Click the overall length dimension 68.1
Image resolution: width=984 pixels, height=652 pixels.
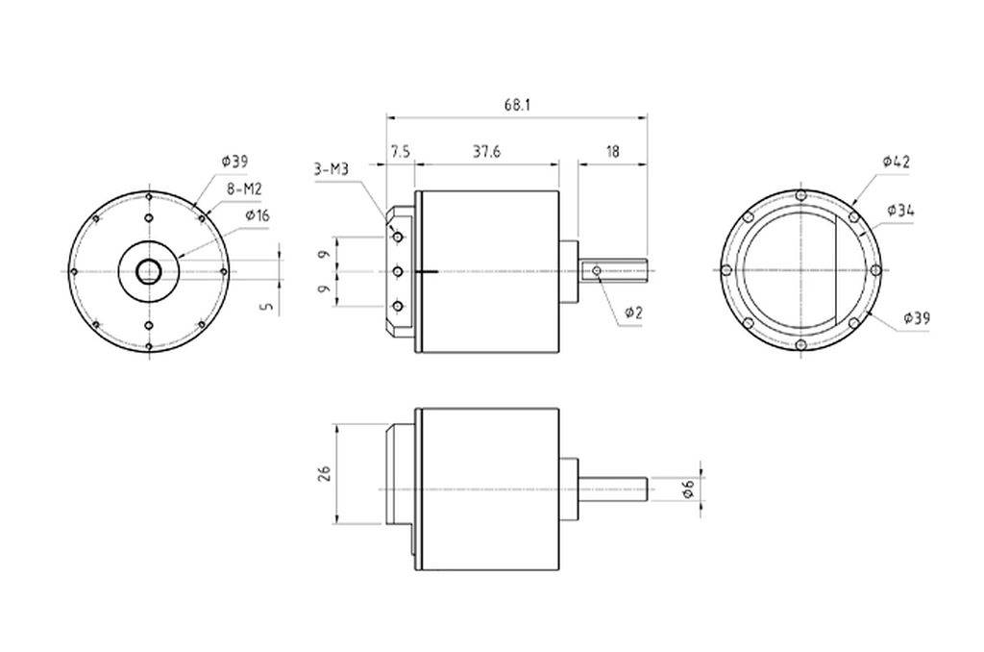(x=516, y=105)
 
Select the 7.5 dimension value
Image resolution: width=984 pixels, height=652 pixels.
(x=401, y=152)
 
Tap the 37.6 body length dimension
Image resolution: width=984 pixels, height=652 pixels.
(x=485, y=152)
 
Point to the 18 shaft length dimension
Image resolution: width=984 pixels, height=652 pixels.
(x=612, y=152)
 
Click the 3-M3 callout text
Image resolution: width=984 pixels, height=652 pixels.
(x=331, y=170)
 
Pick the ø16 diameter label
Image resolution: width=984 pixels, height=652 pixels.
(x=258, y=215)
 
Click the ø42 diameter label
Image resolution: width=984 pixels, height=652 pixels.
(x=896, y=162)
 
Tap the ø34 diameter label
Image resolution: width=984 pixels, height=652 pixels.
(x=900, y=210)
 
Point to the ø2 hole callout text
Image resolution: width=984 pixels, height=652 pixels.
(x=633, y=313)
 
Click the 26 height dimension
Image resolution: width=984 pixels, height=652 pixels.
(x=324, y=473)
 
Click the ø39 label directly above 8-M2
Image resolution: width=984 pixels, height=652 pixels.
(x=234, y=161)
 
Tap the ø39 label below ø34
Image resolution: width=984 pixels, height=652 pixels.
(x=917, y=318)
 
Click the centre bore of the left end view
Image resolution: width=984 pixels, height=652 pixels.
(x=148, y=272)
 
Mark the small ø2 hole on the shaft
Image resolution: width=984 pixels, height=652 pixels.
(x=597, y=272)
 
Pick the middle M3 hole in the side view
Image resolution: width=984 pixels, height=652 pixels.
(x=398, y=272)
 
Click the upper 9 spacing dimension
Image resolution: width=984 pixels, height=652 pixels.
(x=324, y=255)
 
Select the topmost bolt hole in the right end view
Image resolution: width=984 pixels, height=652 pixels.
(x=801, y=196)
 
